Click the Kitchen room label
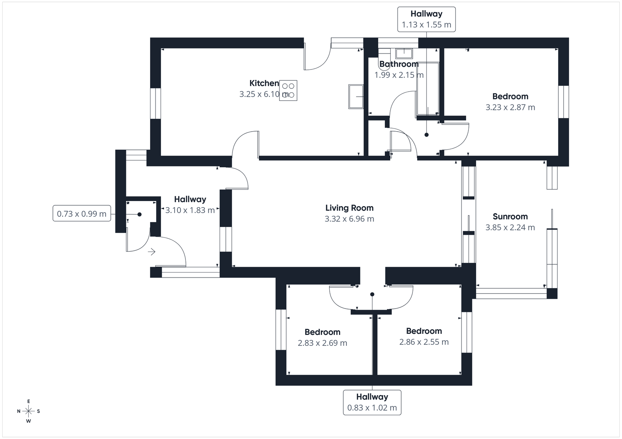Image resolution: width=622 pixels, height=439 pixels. click(x=264, y=83)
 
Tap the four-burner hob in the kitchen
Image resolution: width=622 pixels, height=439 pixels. click(x=289, y=90)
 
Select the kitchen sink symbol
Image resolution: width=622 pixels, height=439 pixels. click(x=356, y=97)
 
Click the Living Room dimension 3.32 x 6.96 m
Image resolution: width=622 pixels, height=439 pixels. click(x=349, y=219)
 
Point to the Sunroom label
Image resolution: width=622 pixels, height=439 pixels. click(x=510, y=217)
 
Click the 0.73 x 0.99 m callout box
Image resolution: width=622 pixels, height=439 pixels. click(x=82, y=214)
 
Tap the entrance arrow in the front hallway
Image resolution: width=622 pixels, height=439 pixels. click(x=152, y=252)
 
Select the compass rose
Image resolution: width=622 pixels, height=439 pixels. click(x=28, y=411)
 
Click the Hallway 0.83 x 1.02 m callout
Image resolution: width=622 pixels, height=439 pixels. click(x=372, y=402)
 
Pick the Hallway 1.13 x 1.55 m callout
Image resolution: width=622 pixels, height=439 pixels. click(x=426, y=19)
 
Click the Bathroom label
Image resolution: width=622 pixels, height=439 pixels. click(x=399, y=64)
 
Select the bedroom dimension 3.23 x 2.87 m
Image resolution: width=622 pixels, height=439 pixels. click(x=510, y=108)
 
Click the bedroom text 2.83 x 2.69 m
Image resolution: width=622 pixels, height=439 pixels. click(x=322, y=343)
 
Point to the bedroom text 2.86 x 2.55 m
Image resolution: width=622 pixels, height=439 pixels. click(x=424, y=342)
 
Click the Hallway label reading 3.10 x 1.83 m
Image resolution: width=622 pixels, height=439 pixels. click(x=190, y=210)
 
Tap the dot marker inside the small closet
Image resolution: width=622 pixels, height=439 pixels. click(x=139, y=214)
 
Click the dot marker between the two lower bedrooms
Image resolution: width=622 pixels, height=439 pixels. click(x=372, y=295)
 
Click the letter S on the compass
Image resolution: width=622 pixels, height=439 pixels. click(x=38, y=411)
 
